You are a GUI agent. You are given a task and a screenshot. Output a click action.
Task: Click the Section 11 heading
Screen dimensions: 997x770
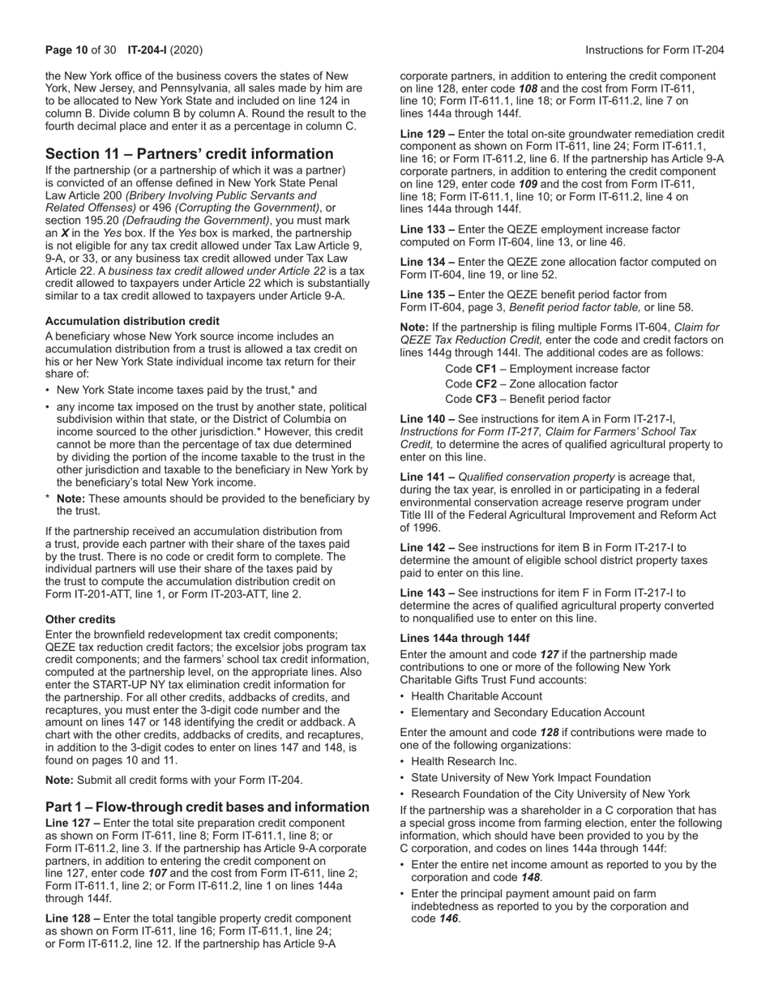[x=189, y=154]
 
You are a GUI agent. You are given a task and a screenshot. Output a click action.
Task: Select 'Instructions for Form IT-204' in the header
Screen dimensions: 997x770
[x=654, y=50]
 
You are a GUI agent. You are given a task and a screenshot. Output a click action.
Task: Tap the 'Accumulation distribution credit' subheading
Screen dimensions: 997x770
[x=132, y=321]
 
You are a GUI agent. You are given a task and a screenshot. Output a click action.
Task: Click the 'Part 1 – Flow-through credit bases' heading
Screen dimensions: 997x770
[x=207, y=807]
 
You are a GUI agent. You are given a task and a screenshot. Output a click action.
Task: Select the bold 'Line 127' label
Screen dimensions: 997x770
[x=69, y=823]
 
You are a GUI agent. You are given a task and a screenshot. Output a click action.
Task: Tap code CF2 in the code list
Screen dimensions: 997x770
[x=486, y=383]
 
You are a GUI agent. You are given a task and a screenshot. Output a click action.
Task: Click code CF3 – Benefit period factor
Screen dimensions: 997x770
[x=528, y=399]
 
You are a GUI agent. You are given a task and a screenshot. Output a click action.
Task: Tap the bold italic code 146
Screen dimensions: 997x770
[x=449, y=919]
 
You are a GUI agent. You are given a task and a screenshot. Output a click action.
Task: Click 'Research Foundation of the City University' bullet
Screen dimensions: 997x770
[x=550, y=794]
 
